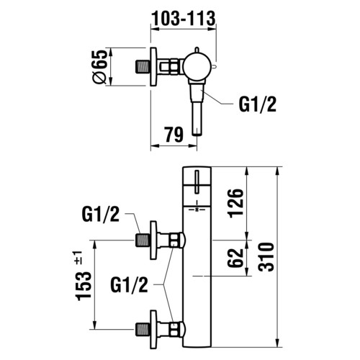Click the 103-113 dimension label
184,19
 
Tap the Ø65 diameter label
99,67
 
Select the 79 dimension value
174,135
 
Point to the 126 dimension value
236,204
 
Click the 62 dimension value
235,258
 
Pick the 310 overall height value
266,257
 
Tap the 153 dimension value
84,286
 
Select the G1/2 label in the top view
258,104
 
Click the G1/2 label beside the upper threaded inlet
101,215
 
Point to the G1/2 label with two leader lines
129,285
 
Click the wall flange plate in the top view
153,67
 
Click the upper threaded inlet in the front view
143,240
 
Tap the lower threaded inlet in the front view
143,329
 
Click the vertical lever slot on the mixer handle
197,181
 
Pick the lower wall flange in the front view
153,329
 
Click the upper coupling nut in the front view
174,240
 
